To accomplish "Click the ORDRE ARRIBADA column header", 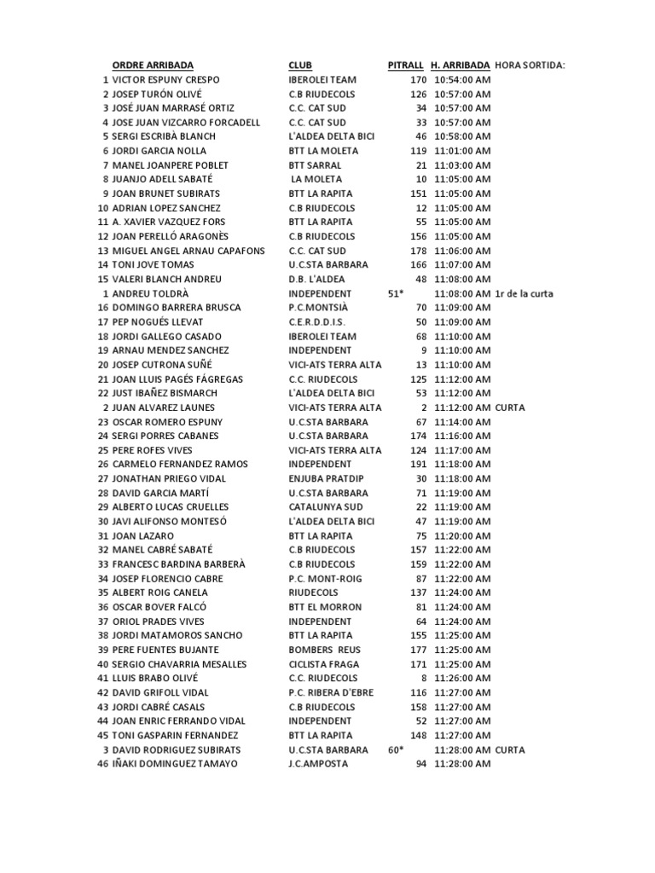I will click(153, 65).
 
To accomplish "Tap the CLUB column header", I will click(299, 65).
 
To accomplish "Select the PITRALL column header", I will click(406, 65).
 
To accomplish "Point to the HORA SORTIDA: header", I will click(530, 65).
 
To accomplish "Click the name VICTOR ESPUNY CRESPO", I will click(165, 79).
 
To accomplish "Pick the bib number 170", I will click(418, 79).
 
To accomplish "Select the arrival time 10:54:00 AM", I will click(462, 79).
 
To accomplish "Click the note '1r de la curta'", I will click(524, 293).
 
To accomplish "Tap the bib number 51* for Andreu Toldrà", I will click(395, 293).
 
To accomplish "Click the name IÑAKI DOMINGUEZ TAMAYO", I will click(175, 764).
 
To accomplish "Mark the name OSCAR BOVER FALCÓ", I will click(160, 607).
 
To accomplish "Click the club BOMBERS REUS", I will click(324, 650).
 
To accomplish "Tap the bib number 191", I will click(418, 465).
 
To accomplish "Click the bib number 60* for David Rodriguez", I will click(395, 749).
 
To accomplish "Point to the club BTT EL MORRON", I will click(325, 607).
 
